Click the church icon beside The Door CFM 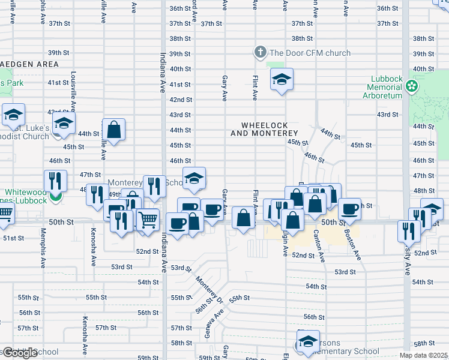click(x=260, y=53)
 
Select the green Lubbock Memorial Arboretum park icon click(x=412, y=87)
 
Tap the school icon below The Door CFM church click(x=281, y=79)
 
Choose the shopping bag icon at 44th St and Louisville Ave click(x=113, y=129)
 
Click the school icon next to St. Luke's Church click(x=63, y=124)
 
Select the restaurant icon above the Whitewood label click(x=55, y=180)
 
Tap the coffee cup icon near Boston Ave click(x=349, y=209)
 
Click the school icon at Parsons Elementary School click(x=307, y=341)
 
